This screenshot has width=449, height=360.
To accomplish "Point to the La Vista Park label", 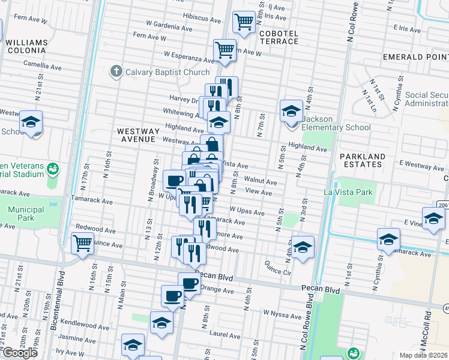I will [348, 193].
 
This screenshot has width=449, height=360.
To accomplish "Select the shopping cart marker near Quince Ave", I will [82, 244].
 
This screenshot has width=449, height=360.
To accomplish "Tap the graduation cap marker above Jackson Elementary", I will [291, 110].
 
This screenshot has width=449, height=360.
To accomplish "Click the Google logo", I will [19, 353].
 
